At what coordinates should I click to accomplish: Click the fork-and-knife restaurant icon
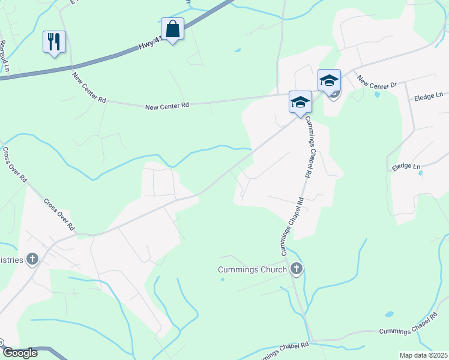click(x=54, y=42)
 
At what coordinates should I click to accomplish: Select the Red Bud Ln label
click(x=5, y=56)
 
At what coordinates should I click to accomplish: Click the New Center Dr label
click(x=377, y=82)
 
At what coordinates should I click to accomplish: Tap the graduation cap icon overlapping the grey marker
click(x=329, y=80)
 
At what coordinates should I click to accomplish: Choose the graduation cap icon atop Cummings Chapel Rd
click(x=300, y=102)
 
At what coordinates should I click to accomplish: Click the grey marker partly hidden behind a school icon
click(x=335, y=93)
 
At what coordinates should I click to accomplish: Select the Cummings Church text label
click(x=252, y=269)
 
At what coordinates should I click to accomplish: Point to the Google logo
click(x=19, y=353)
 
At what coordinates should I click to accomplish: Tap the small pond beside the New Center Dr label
click(x=376, y=94)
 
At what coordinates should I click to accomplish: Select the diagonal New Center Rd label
click(x=89, y=88)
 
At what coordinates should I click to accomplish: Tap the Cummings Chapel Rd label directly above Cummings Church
click(x=292, y=226)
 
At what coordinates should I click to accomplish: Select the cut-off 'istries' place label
click(x=11, y=260)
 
